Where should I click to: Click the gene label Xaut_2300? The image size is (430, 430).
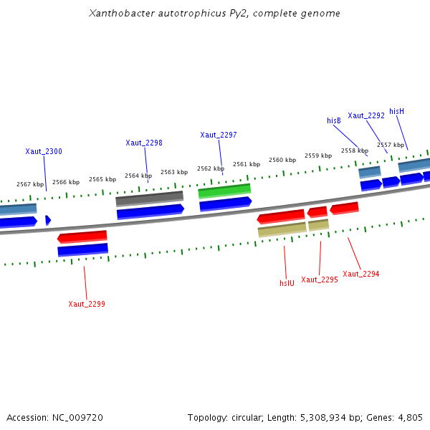coord(44,151)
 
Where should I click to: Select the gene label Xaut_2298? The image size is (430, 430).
coord(144,143)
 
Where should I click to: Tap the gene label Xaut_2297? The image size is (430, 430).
coord(219,135)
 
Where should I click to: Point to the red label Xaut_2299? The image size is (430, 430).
coord(87,304)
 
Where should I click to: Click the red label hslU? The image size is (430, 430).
coord(287,283)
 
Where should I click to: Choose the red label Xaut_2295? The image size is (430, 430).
coord(320,279)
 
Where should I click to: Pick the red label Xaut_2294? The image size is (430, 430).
coord(361,274)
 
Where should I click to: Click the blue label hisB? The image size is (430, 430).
coord(334,121)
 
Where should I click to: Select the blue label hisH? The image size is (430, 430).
coord(397,111)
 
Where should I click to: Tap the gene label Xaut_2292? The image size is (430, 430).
coord(366,115)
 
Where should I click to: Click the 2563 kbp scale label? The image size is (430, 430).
coord(174,172)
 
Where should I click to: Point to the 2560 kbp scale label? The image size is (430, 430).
coord(282,160)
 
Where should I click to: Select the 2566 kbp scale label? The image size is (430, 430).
coord(66,182)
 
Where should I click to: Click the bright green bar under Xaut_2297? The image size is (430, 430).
coord(224,191)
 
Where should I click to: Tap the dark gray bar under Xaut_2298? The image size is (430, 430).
coord(149,198)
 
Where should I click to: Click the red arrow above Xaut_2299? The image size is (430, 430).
coord(82,236)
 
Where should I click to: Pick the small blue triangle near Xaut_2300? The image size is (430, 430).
coord(48,220)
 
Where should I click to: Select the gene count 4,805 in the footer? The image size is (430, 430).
coord(409,417)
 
